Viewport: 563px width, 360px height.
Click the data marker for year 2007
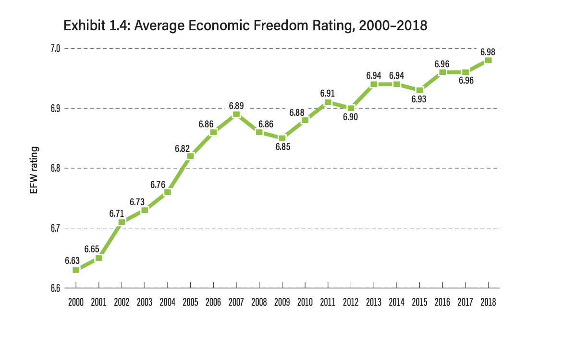236,114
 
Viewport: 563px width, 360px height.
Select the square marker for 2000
76,270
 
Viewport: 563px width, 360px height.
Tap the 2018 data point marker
488,60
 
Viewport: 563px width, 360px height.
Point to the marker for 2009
282,138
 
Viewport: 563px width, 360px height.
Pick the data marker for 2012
351,108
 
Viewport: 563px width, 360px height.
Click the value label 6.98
488,51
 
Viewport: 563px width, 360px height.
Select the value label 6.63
72,261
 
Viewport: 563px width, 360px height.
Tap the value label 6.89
236,105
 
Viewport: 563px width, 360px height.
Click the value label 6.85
282,147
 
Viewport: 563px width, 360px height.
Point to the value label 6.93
419,99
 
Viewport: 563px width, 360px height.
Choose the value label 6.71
117,212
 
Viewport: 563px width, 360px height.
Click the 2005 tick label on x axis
190,302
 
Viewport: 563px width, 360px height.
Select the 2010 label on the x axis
305,302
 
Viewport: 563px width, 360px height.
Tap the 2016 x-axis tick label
442,302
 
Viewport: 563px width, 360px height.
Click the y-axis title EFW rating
34,170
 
